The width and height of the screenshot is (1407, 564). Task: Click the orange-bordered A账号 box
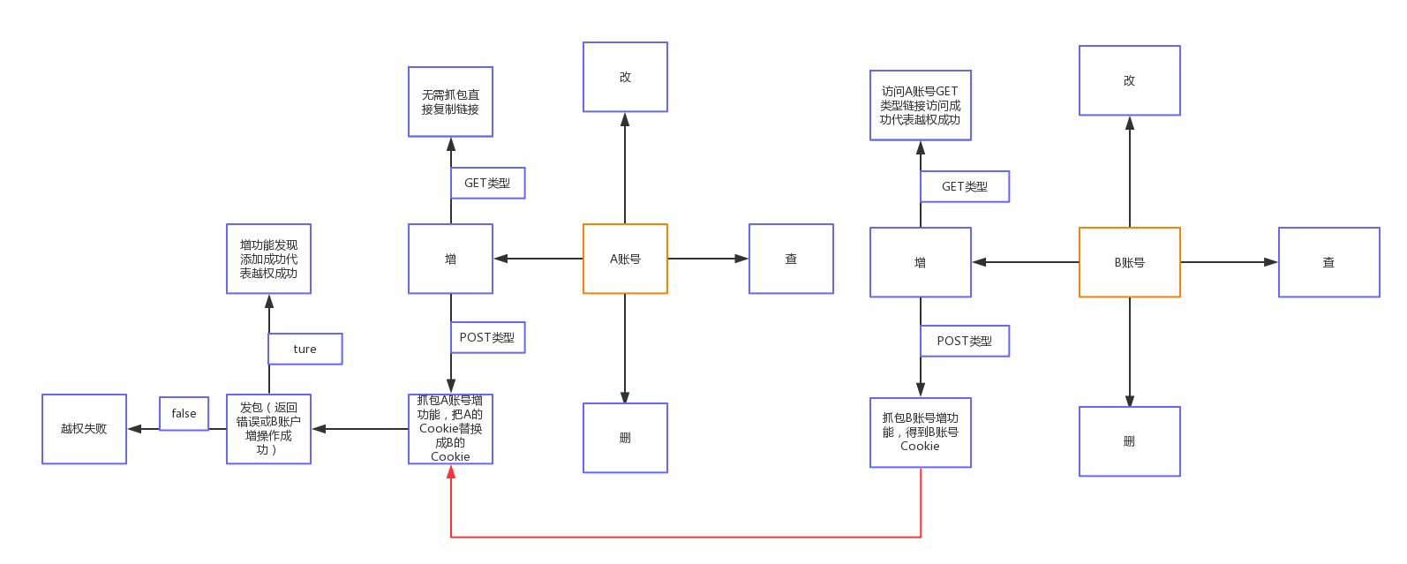tap(625, 259)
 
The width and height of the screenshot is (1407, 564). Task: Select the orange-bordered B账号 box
tap(1129, 262)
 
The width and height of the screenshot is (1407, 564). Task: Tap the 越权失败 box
tap(85, 429)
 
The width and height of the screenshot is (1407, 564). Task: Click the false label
tap(184, 413)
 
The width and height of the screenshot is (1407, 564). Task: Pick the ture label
tap(305, 349)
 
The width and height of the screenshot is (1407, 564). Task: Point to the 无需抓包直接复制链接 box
tap(450, 102)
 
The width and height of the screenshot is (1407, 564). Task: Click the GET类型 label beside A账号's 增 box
tap(487, 183)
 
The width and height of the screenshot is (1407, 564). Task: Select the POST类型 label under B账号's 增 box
tap(964, 341)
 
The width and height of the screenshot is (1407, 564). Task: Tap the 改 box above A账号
tap(625, 77)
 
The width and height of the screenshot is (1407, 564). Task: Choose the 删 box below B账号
tap(1129, 441)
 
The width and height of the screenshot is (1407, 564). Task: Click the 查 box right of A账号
tap(791, 259)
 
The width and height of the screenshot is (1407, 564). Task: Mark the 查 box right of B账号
tap(1328, 262)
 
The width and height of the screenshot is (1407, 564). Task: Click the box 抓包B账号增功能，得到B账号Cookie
tap(920, 432)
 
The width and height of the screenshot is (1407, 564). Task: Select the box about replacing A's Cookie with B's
tap(450, 429)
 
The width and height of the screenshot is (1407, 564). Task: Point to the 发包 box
tap(268, 429)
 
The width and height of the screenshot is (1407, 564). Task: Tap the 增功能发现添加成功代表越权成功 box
tap(268, 259)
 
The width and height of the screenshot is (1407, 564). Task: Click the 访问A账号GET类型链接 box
tap(920, 105)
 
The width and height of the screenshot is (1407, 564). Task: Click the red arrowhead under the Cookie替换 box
tap(451, 473)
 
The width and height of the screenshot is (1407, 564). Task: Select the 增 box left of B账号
tap(920, 262)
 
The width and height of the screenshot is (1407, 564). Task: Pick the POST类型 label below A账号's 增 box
tap(486, 337)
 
